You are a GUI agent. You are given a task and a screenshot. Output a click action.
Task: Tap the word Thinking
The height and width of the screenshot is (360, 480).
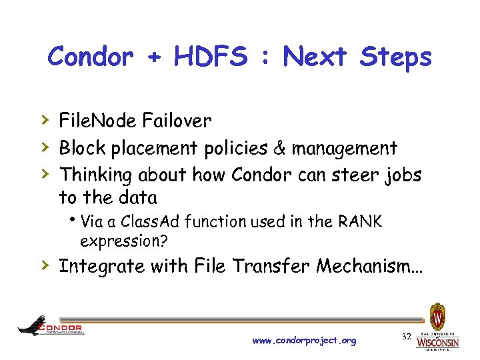[97, 175]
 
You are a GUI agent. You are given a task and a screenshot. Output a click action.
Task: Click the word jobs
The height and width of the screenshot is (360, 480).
[402, 176]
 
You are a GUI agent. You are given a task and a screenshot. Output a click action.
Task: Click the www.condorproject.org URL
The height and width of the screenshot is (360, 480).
[304, 341]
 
